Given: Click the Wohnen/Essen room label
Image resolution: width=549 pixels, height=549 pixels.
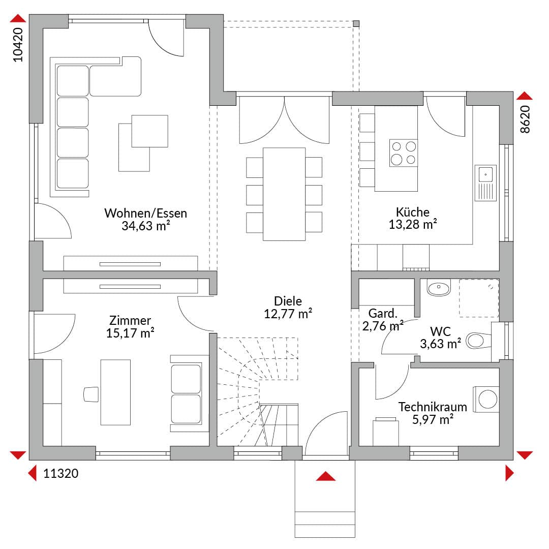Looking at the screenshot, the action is (x=146, y=213).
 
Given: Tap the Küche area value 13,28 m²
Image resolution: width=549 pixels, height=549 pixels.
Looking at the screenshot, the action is (x=413, y=225).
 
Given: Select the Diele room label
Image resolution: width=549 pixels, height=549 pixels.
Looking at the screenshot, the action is (x=288, y=301).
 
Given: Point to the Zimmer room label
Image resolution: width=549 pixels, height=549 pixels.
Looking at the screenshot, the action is (x=130, y=320).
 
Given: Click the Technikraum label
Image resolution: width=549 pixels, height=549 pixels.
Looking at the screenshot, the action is (x=433, y=407).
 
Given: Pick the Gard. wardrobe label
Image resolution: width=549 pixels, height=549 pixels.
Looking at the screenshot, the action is (x=383, y=313).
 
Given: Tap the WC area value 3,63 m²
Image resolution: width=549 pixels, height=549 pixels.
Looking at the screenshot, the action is (x=440, y=344).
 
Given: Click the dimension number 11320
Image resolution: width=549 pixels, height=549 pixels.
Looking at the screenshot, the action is (x=60, y=473).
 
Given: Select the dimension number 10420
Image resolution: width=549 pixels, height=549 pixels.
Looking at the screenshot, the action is (x=18, y=45).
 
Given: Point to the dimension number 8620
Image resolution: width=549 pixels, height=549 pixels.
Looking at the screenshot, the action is (x=525, y=119).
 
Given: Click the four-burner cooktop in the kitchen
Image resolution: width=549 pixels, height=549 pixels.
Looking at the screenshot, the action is (x=403, y=152).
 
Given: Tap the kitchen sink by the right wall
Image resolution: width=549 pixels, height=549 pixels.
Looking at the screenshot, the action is (x=485, y=183).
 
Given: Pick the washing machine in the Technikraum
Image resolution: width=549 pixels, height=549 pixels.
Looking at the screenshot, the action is (x=486, y=399).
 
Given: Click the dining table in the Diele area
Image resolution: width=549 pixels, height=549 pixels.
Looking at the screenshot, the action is (x=284, y=194).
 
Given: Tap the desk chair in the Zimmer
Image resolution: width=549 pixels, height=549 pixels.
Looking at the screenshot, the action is (x=91, y=394).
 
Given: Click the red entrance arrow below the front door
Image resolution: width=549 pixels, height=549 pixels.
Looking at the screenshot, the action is (x=326, y=476).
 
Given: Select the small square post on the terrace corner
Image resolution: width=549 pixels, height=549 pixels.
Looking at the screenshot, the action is (x=356, y=24).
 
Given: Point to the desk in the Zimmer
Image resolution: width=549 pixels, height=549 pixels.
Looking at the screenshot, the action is (x=115, y=392).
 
